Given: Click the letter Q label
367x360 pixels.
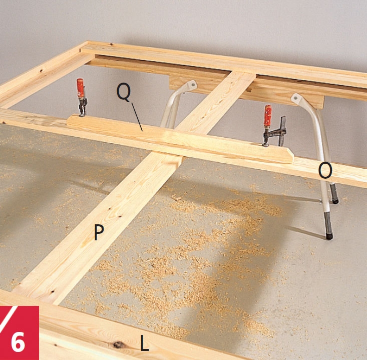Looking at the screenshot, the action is [x=124, y=92].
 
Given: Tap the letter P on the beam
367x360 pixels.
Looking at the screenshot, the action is [x=99, y=232].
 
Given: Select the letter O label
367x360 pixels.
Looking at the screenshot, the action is [x=325, y=171].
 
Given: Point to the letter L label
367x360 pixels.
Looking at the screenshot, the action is [x=144, y=342].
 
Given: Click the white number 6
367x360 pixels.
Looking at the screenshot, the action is [x=18, y=342].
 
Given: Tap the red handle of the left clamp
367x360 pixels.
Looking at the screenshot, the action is [x=80, y=88].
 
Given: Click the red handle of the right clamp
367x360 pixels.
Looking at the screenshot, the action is [x=268, y=116].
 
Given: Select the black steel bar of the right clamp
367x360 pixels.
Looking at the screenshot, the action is [x=283, y=131].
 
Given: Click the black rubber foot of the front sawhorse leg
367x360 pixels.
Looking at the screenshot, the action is [x=329, y=236].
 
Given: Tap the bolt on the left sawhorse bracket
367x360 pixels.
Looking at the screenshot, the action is [x=193, y=83].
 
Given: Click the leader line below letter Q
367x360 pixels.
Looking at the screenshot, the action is [x=137, y=117].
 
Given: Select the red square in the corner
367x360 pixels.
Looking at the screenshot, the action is [x=20, y=333].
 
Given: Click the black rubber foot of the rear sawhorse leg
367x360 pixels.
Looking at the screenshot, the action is [x=335, y=201].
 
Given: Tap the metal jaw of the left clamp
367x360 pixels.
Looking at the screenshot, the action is [x=83, y=107].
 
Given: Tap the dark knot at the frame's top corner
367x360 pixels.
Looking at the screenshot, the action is [x=112, y=44].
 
